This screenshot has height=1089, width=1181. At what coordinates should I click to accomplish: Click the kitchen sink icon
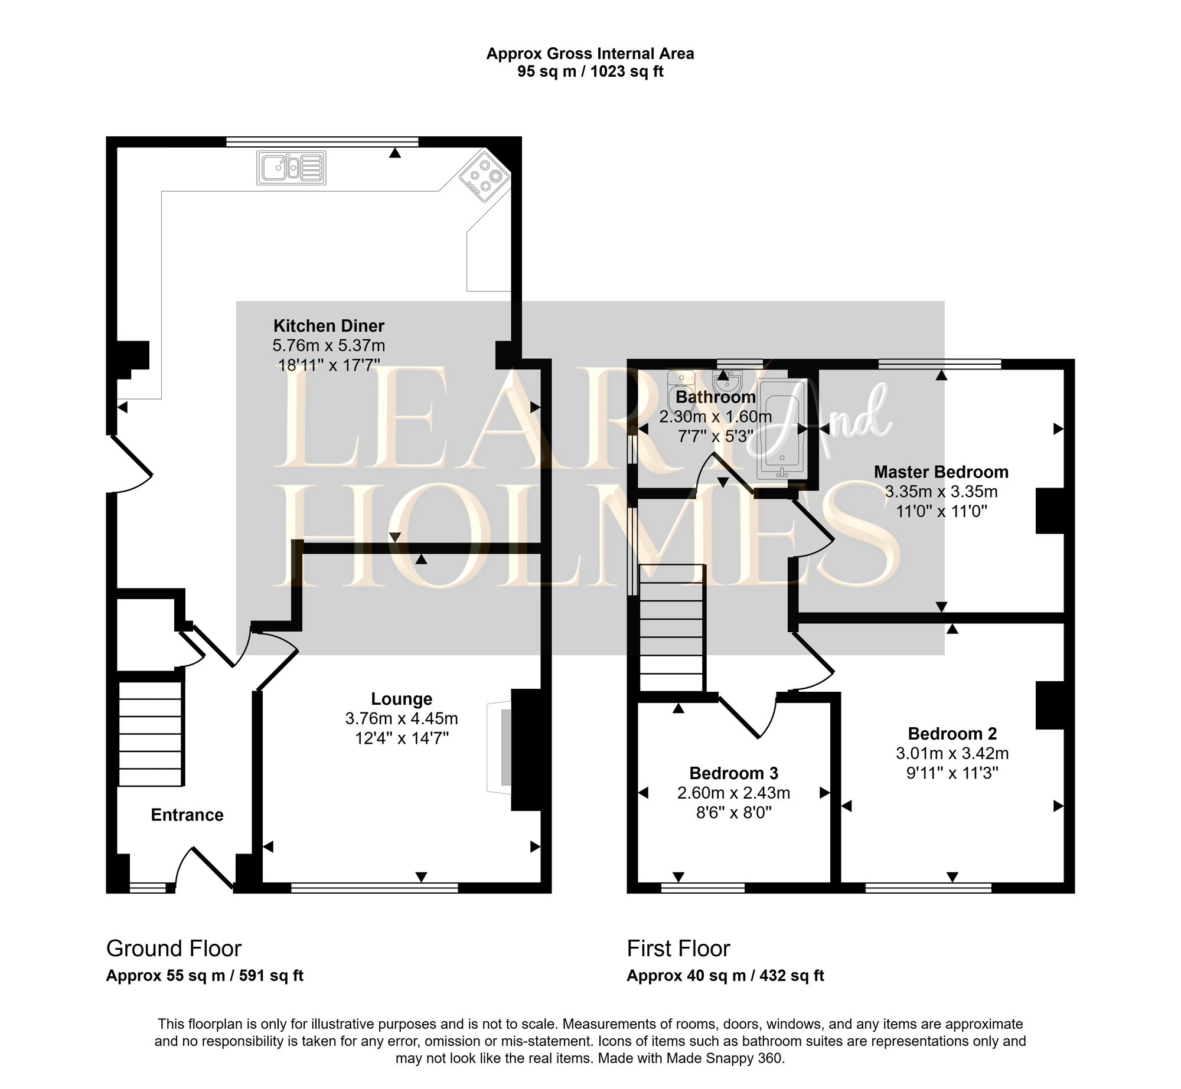pyautogui.click(x=291, y=168)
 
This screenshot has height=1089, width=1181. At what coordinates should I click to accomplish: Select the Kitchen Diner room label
pyautogui.click(x=328, y=326)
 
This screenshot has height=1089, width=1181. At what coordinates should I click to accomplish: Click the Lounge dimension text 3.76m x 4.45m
pyautogui.click(x=402, y=718)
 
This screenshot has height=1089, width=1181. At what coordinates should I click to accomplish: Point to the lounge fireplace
pyautogui.click(x=500, y=747)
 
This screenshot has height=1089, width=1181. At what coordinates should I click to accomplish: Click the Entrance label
pyautogui.click(x=187, y=815)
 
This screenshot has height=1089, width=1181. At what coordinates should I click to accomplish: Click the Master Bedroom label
pyautogui.click(x=941, y=472)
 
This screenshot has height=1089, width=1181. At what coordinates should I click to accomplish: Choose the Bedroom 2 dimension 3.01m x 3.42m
pyautogui.click(x=952, y=754)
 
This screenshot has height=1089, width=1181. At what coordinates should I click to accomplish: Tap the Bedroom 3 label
pyautogui.click(x=733, y=773)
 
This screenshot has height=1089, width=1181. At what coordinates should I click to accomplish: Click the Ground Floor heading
pyautogui.click(x=174, y=949)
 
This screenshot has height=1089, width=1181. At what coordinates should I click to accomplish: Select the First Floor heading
pyautogui.click(x=678, y=949)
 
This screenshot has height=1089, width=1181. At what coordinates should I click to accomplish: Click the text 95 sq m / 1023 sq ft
pyautogui.click(x=590, y=72)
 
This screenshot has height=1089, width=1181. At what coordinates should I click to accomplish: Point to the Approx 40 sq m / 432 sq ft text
pyautogui.click(x=725, y=976)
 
